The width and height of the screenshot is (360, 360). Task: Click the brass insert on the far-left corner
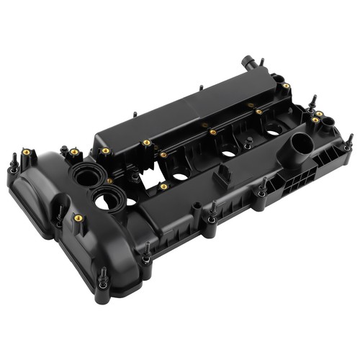click(27, 153)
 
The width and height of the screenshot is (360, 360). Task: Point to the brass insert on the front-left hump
click(78, 217)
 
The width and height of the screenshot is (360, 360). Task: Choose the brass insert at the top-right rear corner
click(286, 86)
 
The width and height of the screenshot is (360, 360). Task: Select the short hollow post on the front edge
click(195, 211)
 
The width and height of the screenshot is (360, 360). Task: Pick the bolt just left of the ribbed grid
click(262, 189)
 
